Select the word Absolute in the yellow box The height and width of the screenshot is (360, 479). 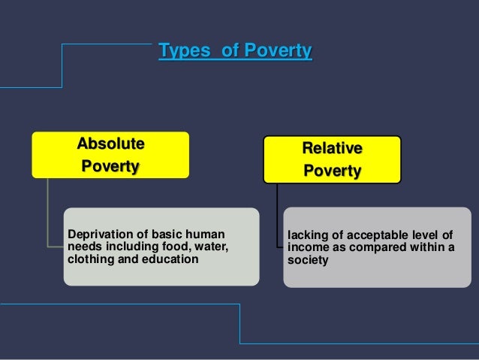(110, 144)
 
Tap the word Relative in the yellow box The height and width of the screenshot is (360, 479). (332, 148)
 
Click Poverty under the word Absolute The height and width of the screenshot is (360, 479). (110, 165)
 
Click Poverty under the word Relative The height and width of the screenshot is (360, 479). (332, 171)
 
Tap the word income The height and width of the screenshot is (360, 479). (306, 248)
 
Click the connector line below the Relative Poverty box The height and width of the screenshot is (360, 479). (277, 218)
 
